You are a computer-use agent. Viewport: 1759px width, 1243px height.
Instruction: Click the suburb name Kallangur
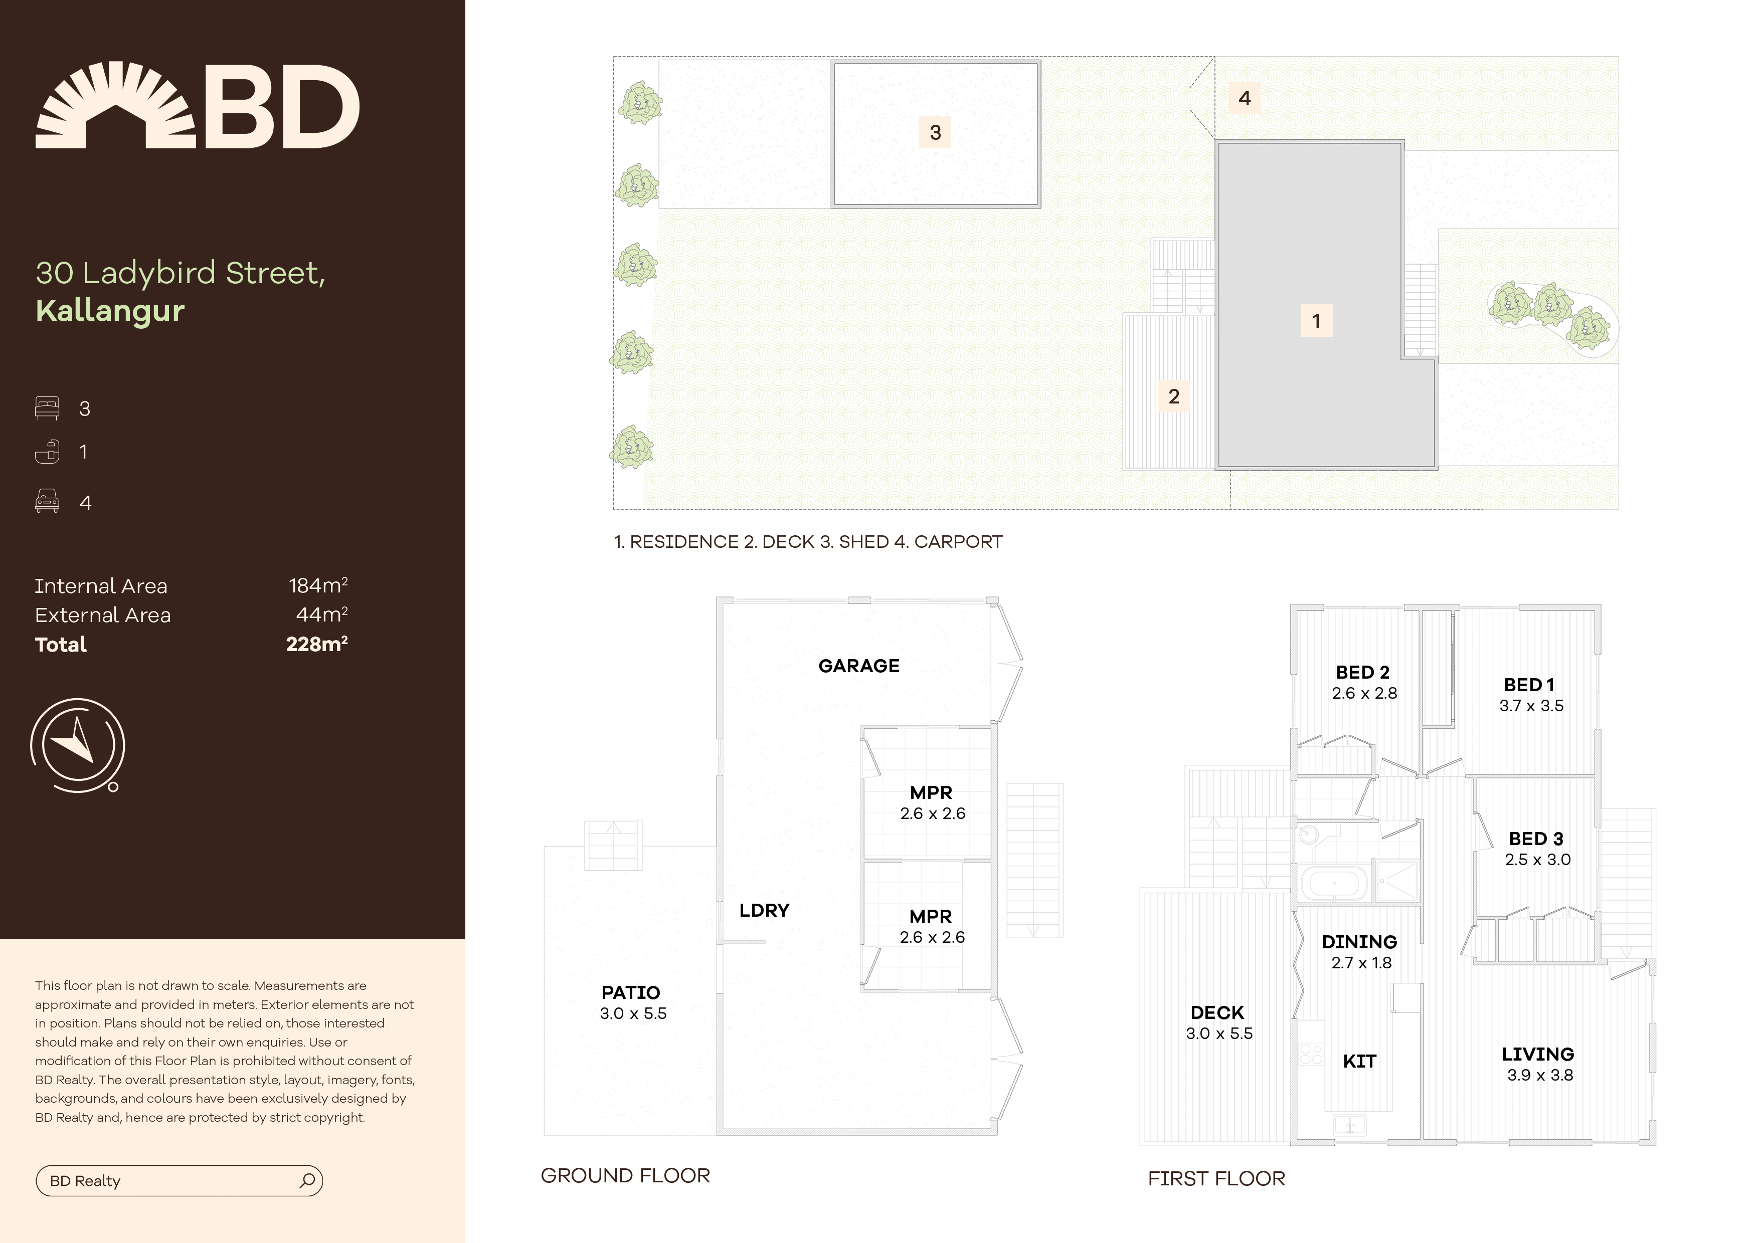(x=110, y=310)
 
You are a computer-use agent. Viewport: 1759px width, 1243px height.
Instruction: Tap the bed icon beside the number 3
(x=47, y=408)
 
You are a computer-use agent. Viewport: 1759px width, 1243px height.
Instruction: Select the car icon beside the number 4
(x=47, y=502)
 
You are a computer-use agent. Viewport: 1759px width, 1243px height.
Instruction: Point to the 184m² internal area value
(x=317, y=586)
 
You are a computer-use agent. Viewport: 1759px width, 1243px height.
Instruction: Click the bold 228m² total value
(x=316, y=644)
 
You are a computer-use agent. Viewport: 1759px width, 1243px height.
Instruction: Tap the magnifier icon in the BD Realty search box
(x=307, y=1180)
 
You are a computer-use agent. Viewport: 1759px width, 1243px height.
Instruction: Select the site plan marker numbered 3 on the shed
(x=935, y=132)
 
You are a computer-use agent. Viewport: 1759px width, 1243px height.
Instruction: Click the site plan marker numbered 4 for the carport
(x=1244, y=98)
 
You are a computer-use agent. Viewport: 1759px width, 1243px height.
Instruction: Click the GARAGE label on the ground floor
(x=859, y=666)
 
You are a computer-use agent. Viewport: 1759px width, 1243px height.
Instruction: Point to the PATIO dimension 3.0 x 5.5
(x=633, y=1013)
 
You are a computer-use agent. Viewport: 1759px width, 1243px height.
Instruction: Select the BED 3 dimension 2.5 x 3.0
(x=1537, y=859)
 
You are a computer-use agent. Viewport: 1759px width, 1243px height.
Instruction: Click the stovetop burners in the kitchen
(x=1311, y=1054)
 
